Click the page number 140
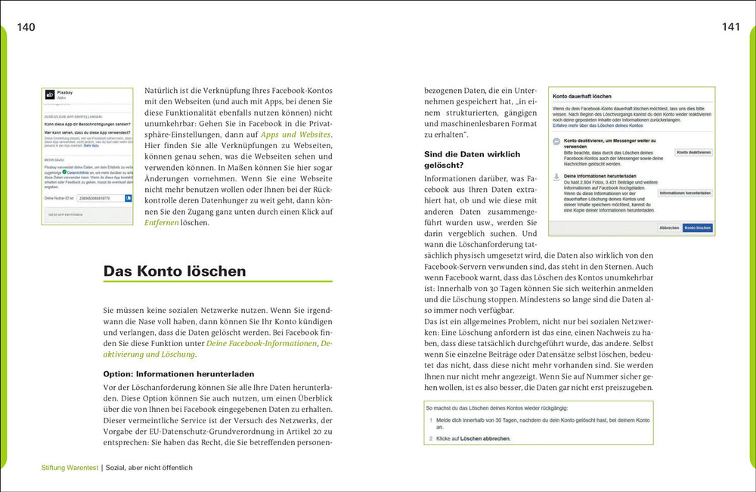pyautogui.click(x=26, y=27)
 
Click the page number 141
pyautogui.click(x=730, y=27)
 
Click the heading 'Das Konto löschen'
pyautogui.click(x=175, y=271)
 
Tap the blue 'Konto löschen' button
pyautogui.click(x=697, y=227)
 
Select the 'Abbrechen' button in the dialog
pyautogui.click(x=669, y=227)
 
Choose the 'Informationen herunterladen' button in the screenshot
pyautogui.click(x=685, y=193)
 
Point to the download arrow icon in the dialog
pyautogui.click(x=556, y=176)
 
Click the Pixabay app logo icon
pyautogui.click(x=50, y=94)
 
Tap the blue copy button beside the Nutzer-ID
pyautogui.click(x=129, y=198)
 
